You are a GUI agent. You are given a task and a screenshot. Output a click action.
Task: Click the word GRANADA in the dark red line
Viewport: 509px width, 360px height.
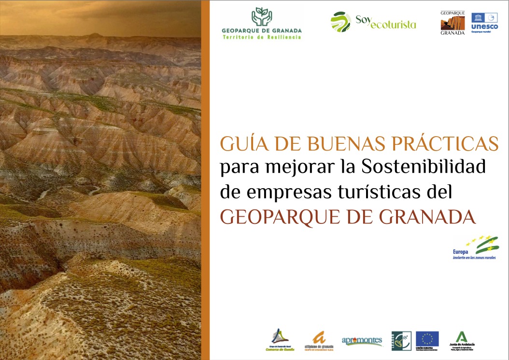427,217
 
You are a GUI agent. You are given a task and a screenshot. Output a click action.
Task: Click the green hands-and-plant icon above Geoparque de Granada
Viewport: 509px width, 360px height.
261,17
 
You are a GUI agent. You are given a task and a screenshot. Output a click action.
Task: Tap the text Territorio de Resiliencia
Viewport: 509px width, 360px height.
261,37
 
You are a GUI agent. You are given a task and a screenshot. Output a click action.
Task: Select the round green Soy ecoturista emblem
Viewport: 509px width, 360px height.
340,22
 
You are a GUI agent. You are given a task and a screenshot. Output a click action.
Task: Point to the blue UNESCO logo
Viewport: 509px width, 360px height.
484,22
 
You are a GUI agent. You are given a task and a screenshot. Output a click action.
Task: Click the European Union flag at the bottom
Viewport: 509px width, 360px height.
427,339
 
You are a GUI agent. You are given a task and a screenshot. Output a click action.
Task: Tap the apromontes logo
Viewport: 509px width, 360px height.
362,341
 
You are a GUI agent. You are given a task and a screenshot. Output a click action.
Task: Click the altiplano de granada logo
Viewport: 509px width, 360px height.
319,340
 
